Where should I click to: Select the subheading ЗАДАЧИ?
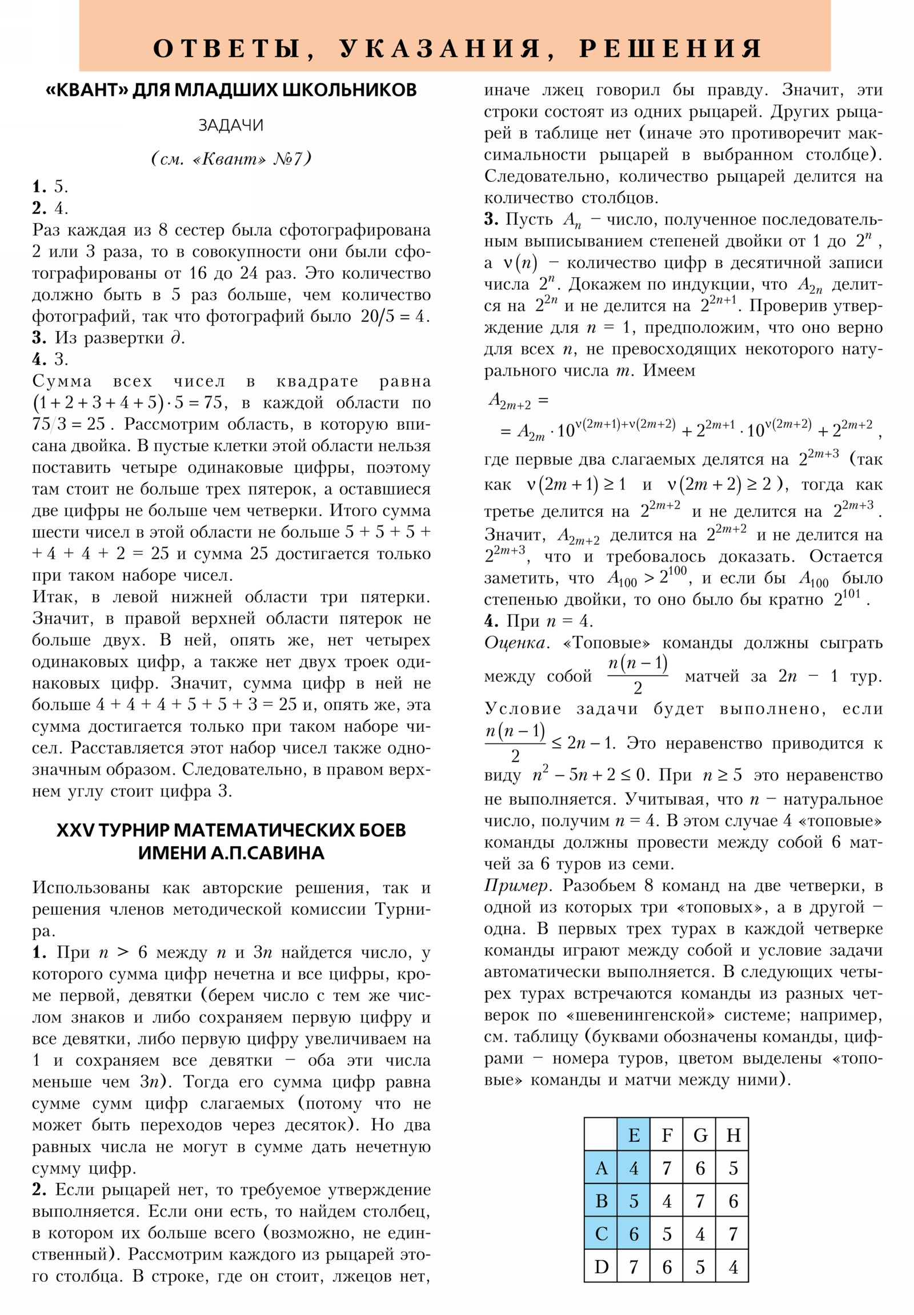coord(231,125)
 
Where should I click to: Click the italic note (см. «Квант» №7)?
coord(231,158)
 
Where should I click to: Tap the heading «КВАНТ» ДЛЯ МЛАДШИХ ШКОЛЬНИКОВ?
coord(231,90)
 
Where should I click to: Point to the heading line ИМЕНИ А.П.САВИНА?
coord(231,853)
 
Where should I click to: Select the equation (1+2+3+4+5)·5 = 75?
coord(129,403)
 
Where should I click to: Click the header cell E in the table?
coord(634,1134)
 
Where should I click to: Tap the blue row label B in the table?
coord(601,1201)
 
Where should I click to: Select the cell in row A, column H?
coord(732,1168)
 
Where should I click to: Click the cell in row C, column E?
coord(634,1234)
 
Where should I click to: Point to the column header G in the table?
coord(700,1134)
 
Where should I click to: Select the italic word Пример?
coord(518,886)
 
